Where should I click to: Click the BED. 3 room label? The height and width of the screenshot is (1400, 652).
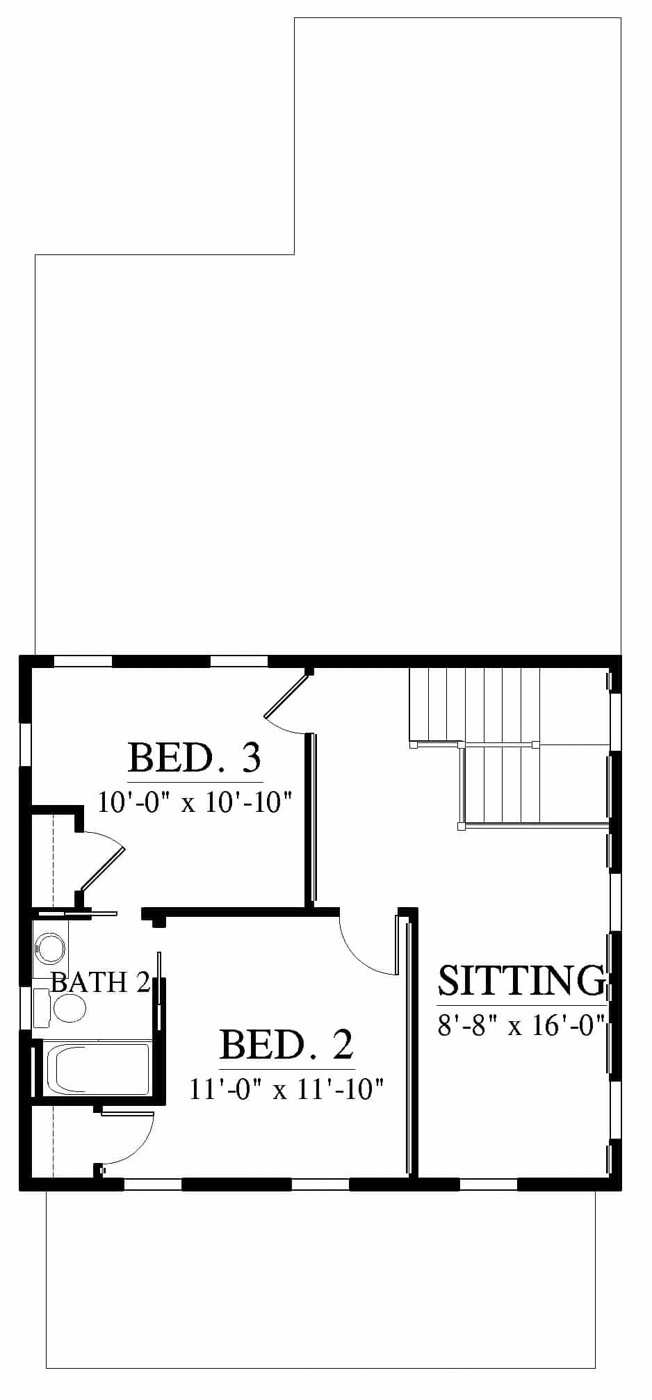[x=195, y=758]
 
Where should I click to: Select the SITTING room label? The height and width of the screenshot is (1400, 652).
[x=521, y=980]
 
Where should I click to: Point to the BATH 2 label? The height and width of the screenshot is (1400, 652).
[x=101, y=982]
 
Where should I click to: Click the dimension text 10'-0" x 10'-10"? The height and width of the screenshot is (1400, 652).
[x=193, y=803]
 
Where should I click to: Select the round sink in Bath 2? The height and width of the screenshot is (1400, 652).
[x=50, y=947]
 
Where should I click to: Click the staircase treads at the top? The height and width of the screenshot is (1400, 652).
[x=475, y=705]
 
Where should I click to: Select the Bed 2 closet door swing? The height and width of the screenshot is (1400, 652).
[x=127, y=1140]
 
